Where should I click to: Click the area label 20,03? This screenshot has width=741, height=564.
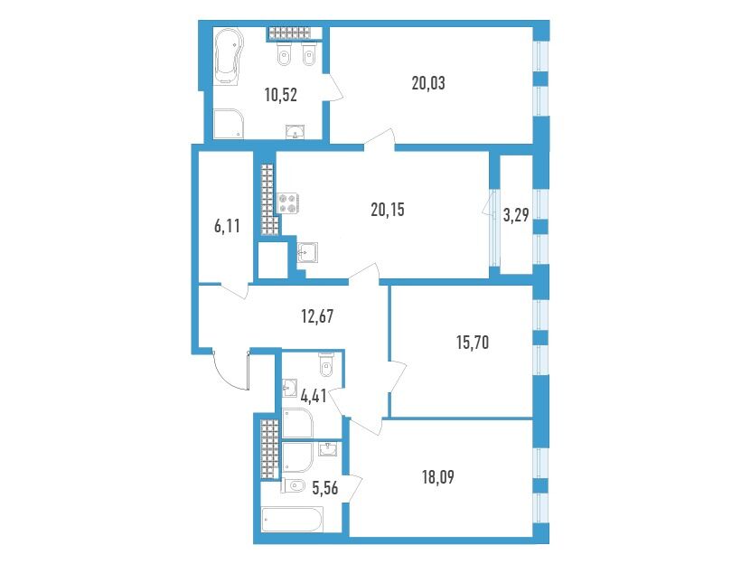[428, 84]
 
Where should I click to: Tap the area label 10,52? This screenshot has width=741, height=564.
[281, 95]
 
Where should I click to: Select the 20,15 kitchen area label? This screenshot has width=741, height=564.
[388, 210]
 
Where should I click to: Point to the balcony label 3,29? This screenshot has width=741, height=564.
[516, 216]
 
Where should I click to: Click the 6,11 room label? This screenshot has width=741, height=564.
[228, 227]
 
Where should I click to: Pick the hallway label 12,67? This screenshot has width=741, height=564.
[317, 315]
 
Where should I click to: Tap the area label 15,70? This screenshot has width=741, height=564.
[473, 342]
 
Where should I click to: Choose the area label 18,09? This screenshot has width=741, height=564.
[437, 477]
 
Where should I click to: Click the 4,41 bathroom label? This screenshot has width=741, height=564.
[314, 396]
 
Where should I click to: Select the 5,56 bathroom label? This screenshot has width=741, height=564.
[325, 487]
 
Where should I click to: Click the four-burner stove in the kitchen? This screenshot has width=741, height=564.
[287, 202]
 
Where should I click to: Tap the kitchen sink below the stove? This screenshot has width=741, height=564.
[307, 252]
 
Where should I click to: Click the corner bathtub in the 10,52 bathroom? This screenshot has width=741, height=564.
[229, 57]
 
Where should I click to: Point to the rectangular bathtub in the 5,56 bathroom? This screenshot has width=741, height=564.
[293, 520]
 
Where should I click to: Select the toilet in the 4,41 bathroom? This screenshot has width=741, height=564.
[325, 363]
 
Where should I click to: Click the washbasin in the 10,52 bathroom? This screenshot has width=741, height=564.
[295, 132]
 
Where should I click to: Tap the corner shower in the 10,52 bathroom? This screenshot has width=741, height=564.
[229, 125]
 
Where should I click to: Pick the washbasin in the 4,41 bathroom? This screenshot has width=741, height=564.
[289, 388]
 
